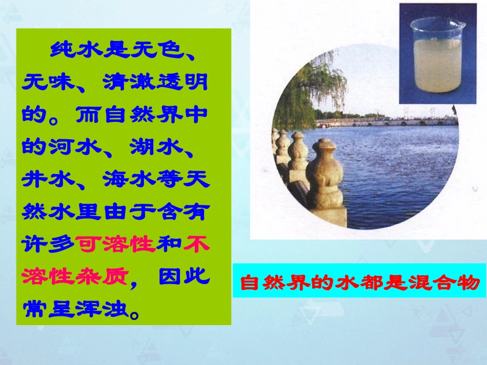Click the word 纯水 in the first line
(x=76, y=50)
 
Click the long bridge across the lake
(x=384, y=122)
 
